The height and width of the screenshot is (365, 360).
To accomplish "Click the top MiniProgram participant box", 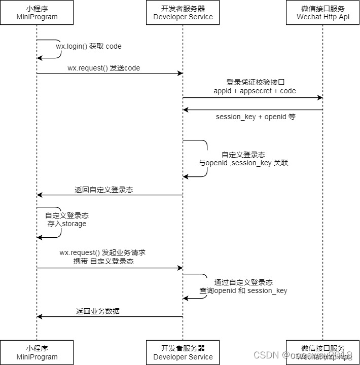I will click(x=37, y=13).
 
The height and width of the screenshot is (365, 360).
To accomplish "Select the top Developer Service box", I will click(x=183, y=13).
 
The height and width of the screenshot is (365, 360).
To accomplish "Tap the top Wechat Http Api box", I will click(x=322, y=13).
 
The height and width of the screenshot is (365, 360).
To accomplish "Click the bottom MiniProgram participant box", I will click(x=37, y=352).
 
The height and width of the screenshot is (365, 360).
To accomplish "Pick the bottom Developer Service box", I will click(x=183, y=352).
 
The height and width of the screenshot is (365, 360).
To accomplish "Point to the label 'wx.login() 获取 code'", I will click(x=89, y=46).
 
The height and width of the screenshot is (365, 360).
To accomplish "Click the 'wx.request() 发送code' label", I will click(x=103, y=68).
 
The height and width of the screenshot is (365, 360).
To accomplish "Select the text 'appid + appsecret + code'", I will click(x=255, y=91).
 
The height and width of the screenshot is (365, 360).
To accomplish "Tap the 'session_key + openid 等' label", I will click(x=256, y=117).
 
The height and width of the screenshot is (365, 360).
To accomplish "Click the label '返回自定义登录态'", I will click(x=104, y=190).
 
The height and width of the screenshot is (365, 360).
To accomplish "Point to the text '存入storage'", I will click(x=67, y=224).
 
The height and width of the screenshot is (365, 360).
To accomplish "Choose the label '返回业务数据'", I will click(x=98, y=311).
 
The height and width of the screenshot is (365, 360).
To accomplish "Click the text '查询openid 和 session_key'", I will click(x=243, y=290).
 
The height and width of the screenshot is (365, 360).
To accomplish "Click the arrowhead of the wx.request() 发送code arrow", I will click(x=179, y=74).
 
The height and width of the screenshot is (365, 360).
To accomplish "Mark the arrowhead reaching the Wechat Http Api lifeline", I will click(x=319, y=97).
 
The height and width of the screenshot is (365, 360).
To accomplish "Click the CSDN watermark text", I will click(x=264, y=355).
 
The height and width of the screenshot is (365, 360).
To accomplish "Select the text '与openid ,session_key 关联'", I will click(x=243, y=163).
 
